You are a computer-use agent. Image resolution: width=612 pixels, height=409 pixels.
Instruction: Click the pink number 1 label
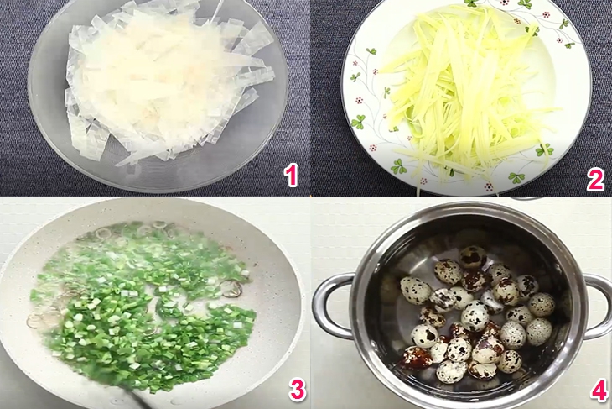tap(291, 176)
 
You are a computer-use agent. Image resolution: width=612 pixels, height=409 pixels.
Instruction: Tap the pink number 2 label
tap(595, 180)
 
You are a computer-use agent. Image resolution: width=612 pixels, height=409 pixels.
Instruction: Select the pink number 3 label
tap(298, 390)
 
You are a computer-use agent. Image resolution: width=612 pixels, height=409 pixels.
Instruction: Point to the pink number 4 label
tap(599, 390)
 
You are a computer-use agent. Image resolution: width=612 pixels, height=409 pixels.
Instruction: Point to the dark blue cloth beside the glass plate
tap(16, 97)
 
